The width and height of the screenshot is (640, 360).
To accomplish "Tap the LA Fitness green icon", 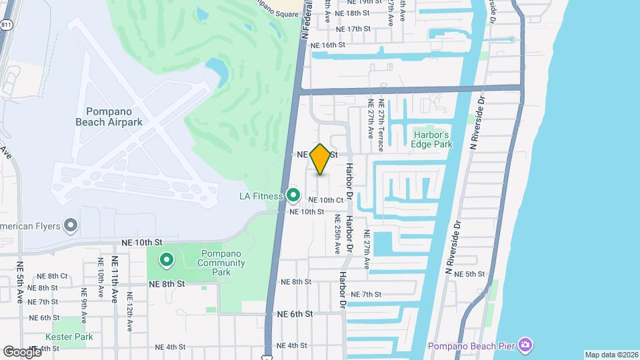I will coord(293,195).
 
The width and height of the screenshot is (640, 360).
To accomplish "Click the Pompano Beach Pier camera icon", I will coord(525,345).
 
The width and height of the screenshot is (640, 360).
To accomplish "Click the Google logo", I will coord(21,351).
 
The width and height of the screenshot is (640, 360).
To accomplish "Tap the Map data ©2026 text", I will coord(611,355).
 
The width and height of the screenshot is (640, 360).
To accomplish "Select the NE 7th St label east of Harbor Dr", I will coord(365,294).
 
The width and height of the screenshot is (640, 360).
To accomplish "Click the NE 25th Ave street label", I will coord(338,234).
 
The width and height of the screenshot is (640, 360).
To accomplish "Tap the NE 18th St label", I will coord(353,13).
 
